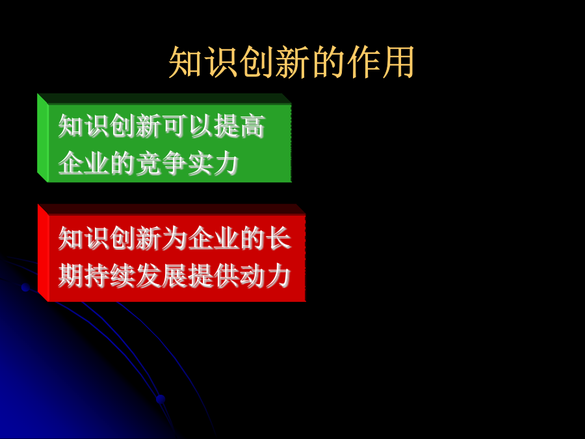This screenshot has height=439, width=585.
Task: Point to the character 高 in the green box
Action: point(252,126)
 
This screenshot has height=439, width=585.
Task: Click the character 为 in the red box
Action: point(174,238)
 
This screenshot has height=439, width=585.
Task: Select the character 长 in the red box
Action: point(278,238)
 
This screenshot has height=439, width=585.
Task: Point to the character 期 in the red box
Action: point(70,276)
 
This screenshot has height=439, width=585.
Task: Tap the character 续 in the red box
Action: point(122,276)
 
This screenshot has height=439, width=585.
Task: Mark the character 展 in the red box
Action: point(174,276)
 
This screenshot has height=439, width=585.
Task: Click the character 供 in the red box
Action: point(226,276)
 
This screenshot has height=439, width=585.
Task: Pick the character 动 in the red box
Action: point(252,276)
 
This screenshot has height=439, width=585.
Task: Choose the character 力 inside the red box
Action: point(278,276)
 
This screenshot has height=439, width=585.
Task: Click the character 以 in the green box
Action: point(200,126)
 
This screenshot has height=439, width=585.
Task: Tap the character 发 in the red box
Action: point(148,276)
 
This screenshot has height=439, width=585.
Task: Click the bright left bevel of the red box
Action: point(44,253)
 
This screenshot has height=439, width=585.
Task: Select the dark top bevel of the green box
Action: point(164,99)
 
